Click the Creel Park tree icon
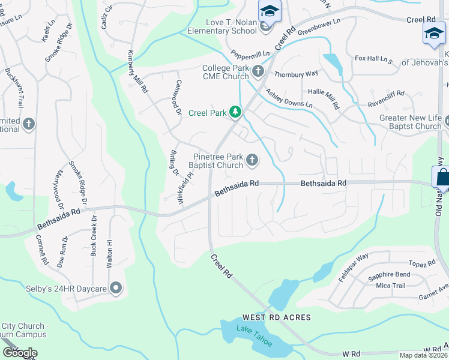click(x=237, y=112)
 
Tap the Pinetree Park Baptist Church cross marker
click(x=252, y=160)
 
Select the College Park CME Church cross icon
click(x=258, y=72)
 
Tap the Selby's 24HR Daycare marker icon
click(x=115, y=289)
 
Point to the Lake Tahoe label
click(x=254, y=335)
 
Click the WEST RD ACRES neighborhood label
click(x=276, y=317)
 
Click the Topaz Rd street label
click(x=421, y=264)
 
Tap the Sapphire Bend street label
click(x=389, y=275)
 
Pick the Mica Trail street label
click(x=391, y=286)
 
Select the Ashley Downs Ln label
click(x=289, y=96)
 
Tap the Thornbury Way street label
click(x=295, y=74)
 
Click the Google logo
click(x=20, y=353)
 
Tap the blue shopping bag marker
click(x=442, y=178)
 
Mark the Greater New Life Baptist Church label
click(x=411, y=122)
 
